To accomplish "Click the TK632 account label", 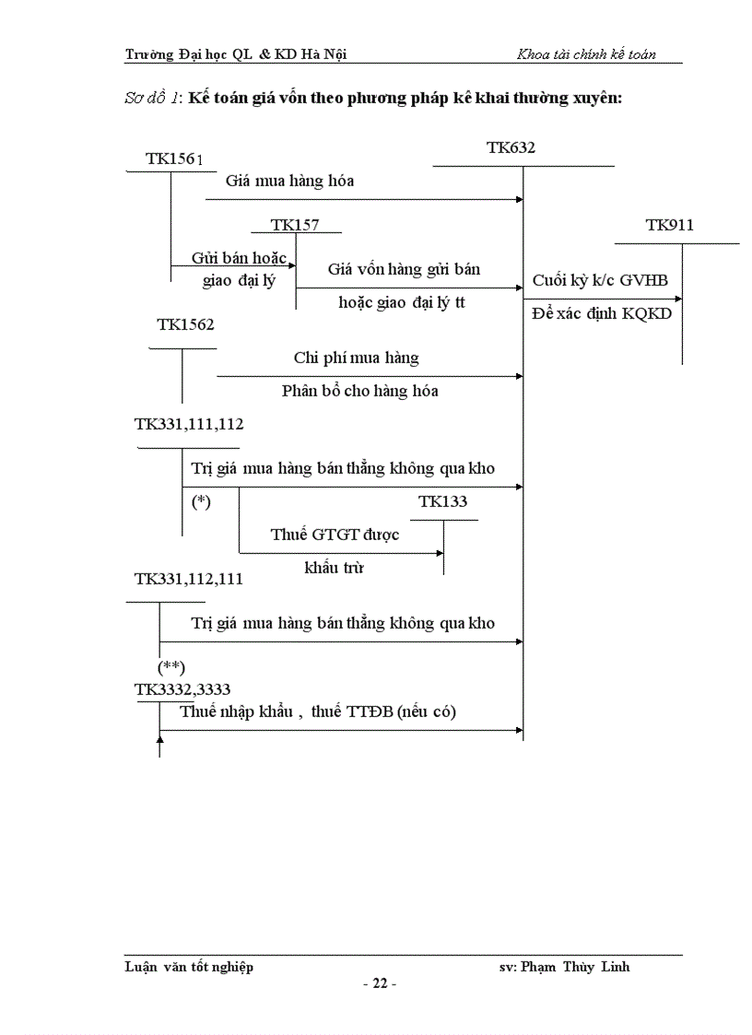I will [511, 147].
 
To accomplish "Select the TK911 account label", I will [670, 225].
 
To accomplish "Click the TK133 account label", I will [442, 501].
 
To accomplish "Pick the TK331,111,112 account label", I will [189, 424].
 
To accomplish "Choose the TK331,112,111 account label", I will [189, 579].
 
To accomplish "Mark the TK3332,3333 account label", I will [182, 689].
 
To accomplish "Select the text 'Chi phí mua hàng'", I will [356, 358].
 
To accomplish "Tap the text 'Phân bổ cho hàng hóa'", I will [359, 391].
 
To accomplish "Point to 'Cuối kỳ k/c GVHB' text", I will [600, 280].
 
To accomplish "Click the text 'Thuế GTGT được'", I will [335, 535].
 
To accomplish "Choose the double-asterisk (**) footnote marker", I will [172, 666].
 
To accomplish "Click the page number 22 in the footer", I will [379, 983].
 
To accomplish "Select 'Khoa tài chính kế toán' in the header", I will [586, 54].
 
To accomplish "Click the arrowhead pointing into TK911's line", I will [678, 299].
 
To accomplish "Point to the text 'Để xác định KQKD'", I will [602, 313].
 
